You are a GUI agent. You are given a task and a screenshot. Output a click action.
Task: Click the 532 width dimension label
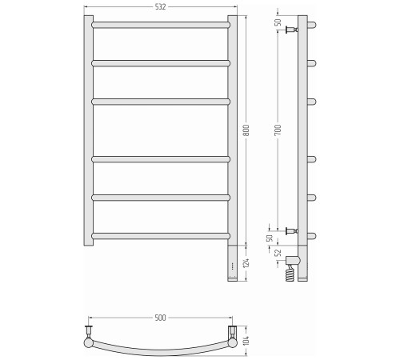[x=160, y=7]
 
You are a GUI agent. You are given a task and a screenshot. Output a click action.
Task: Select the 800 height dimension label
[x=246, y=130]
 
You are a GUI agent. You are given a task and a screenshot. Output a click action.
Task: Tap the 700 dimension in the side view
[x=278, y=130]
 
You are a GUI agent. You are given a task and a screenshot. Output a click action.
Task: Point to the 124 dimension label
[x=246, y=262]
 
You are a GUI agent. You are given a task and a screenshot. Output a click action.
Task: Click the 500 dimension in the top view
[x=160, y=318]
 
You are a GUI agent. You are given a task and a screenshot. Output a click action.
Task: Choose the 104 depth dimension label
[x=246, y=341]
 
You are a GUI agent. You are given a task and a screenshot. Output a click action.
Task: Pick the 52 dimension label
[x=278, y=253]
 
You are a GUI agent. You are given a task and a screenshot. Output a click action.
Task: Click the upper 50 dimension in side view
[x=278, y=22]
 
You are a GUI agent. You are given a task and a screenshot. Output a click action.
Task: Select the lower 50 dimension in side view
[x=270, y=238]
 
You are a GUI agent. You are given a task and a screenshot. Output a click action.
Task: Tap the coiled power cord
[x=290, y=274]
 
